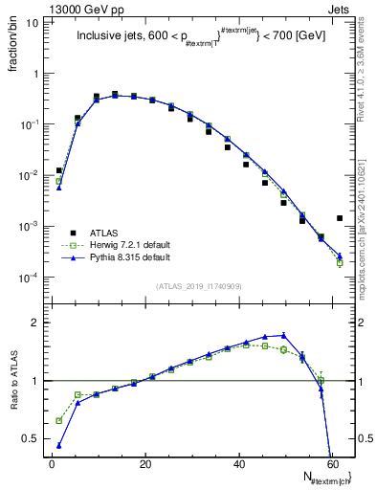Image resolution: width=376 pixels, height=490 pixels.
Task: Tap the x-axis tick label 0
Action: click(51, 463)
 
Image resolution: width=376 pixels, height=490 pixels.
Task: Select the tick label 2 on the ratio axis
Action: click(35, 323)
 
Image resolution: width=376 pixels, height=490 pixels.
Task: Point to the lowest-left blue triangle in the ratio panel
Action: click(59, 445)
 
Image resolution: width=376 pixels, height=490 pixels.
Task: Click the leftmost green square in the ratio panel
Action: click(59, 420)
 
